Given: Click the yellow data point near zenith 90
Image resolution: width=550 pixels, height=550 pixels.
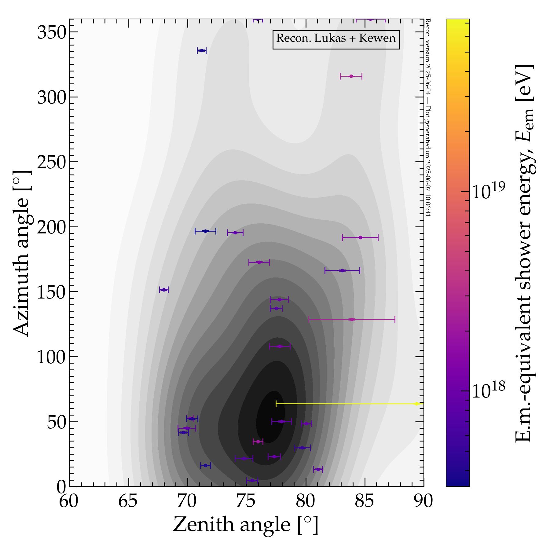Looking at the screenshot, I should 416,404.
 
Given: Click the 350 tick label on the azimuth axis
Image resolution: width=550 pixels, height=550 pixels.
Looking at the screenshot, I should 52,32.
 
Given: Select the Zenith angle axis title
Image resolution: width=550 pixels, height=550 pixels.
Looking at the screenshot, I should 246,525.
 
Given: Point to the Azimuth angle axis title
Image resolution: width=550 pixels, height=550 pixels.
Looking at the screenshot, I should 22,253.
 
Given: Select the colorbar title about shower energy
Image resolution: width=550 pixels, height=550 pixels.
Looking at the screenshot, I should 524,253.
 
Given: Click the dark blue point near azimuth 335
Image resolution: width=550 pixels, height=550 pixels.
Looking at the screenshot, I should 202,51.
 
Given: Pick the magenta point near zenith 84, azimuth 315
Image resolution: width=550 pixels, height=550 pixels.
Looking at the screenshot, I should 351,76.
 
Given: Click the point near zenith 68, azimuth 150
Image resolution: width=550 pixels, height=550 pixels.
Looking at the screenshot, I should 164,290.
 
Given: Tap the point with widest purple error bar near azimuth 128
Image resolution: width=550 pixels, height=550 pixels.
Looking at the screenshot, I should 352,320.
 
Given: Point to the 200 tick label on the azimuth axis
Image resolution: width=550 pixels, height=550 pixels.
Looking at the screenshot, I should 52,227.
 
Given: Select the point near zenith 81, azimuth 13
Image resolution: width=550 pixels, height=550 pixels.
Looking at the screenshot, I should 318,469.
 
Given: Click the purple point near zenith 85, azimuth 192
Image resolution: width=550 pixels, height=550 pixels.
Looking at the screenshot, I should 360,237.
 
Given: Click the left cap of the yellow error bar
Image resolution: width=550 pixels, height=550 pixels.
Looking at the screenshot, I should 276,404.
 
